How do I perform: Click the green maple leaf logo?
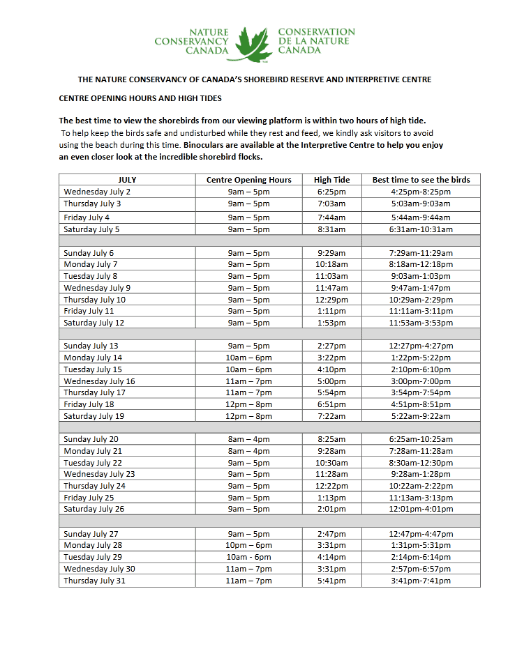[x=253, y=43]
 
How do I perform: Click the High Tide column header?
[x=332, y=180]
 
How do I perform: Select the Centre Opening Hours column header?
[x=248, y=180]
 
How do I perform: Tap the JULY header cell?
[x=127, y=180]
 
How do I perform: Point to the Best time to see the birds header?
[x=421, y=180]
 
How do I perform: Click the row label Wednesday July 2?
[x=97, y=192]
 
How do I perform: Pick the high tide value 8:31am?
[x=331, y=229]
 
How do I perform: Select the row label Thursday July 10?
[x=94, y=300]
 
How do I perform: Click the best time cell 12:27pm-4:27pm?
[x=421, y=346]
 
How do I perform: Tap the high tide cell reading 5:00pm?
[x=331, y=381]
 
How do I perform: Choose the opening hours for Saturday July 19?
[x=248, y=416]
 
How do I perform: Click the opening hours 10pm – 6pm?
[x=248, y=545]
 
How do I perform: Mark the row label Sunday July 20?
[x=91, y=439]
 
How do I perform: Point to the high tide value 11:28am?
[x=331, y=474]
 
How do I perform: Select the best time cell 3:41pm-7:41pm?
[x=421, y=581]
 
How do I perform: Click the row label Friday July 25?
[x=89, y=498]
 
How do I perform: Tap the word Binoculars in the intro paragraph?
[x=206, y=145]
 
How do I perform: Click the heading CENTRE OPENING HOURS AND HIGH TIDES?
[x=140, y=99]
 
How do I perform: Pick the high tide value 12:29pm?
[x=331, y=300]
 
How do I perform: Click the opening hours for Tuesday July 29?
[x=248, y=557]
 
